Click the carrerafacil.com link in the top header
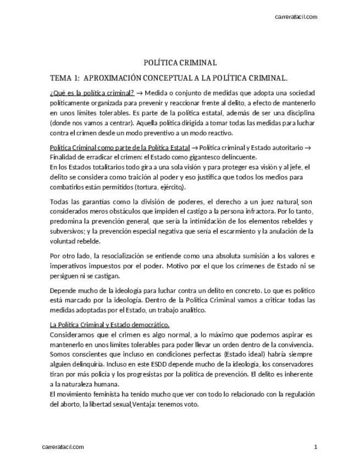(x=296, y=17)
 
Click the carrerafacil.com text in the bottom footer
(x=63, y=447)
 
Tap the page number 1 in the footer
(x=316, y=447)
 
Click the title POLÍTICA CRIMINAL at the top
(x=180, y=63)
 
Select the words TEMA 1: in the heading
(x=65, y=78)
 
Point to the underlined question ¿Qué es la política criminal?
(x=92, y=92)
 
